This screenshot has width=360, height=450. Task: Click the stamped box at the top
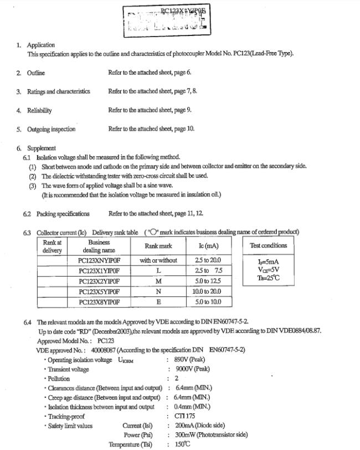click(x=167, y=20)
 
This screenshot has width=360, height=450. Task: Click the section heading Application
click(x=41, y=45)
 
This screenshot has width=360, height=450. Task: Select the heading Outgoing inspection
click(x=52, y=129)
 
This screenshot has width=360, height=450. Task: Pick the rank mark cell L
click(x=158, y=270)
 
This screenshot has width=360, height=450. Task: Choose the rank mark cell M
click(x=158, y=281)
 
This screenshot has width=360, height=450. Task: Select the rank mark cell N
click(x=158, y=292)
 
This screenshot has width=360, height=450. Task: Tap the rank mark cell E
click(x=158, y=302)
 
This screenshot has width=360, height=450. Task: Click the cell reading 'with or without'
click(x=158, y=260)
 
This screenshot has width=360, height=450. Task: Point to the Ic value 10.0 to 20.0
click(x=207, y=292)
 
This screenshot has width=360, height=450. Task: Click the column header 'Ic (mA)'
click(x=208, y=246)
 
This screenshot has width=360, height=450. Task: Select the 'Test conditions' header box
click(x=268, y=246)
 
